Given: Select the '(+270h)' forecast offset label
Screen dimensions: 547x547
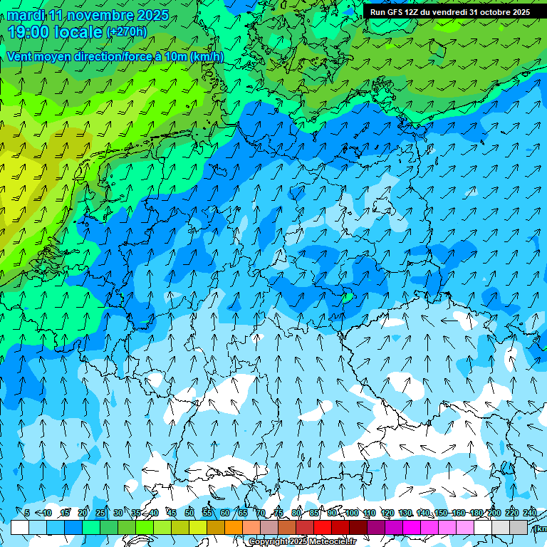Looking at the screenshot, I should [127, 31].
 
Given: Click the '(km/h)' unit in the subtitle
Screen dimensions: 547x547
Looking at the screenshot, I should [207, 56].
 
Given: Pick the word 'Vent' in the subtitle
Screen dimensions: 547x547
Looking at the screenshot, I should [19, 56].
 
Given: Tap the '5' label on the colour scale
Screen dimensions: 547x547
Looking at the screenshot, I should [26, 513].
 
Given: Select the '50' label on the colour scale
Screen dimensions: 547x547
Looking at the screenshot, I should [189, 513].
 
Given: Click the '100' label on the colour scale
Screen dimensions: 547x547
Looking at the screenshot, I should [351, 513].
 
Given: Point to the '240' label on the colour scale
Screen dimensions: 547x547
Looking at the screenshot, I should [530, 513].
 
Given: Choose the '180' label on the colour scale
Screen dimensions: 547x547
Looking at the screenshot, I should [476, 513].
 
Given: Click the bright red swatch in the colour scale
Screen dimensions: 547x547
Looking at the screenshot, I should [323, 527].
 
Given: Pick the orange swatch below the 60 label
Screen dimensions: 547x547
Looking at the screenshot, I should [234, 527].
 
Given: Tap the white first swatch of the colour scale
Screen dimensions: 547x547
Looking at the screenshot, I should [20, 527].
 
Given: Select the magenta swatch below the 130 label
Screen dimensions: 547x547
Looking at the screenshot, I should [412, 527].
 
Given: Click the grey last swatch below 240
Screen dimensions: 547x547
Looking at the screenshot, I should [519, 527].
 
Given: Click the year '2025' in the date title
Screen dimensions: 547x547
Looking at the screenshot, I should [153, 15].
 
